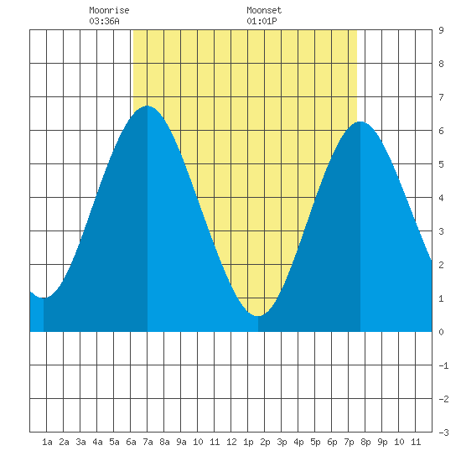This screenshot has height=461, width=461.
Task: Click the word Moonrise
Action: pyautogui.click(x=109, y=10)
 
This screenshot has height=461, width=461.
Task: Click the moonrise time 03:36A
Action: pyautogui.click(x=104, y=21)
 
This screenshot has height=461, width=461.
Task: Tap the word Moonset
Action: pyautogui.click(x=264, y=10)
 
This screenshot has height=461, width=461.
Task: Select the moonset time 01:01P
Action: pyautogui.click(x=262, y=21)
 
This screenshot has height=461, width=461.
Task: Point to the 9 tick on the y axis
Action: pyautogui.click(x=441, y=30)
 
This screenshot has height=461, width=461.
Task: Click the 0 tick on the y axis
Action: pyautogui.click(x=441, y=332)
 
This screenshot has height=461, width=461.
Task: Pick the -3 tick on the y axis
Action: pyautogui.click(x=443, y=433)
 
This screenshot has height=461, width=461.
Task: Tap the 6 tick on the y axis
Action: pyautogui.click(x=441, y=131)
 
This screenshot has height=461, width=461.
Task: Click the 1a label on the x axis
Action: pyautogui.click(x=47, y=442)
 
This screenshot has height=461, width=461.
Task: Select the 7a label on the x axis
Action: pyautogui.click(x=148, y=442)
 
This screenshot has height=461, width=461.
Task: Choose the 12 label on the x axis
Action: pyautogui.click(x=231, y=442)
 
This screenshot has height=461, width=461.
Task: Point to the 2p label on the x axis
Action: pyautogui.click(x=265, y=442)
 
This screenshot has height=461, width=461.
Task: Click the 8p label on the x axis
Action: pyautogui.click(x=365, y=442)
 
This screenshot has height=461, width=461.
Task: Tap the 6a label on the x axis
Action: pyautogui.click(x=131, y=442)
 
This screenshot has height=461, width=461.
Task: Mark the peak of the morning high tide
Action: pyautogui.click(x=148, y=106)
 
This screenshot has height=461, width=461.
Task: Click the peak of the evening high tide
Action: pyautogui.click(x=360, y=122)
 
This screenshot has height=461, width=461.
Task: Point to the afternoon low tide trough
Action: pyautogui.click(x=258, y=316)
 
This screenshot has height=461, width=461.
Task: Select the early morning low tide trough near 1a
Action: pyautogui.click(x=44, y=298)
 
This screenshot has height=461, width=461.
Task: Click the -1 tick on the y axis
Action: pyautogui.click(x=443, y=365)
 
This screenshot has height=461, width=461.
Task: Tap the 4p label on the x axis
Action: pyautogui.click(x=298, y=442)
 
